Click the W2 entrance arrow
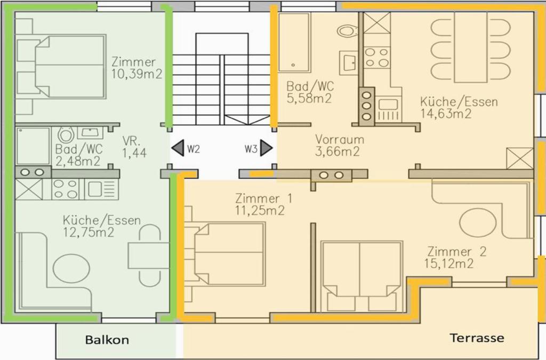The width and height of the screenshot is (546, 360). click(178, 148)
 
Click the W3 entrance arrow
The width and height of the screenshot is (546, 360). click(267, 148)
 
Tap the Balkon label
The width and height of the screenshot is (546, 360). click(107, 340)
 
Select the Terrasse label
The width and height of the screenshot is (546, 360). click(477, 338)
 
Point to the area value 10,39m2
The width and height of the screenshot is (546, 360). click(137, 74)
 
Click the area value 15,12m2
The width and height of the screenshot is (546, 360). click(449, 263)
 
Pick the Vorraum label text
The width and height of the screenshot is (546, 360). click(340, 140)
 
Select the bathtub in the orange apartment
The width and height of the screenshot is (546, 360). click(294, 43)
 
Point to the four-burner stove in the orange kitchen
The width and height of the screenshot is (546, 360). click(377, 58)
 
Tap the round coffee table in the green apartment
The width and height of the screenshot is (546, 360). click(71, 269)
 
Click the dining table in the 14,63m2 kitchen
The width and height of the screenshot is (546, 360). click(471, 47)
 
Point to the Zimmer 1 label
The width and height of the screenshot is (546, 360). click(263, 198)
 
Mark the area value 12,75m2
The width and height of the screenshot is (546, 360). click(89, 232)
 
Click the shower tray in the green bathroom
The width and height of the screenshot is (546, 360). click(33, 146)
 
